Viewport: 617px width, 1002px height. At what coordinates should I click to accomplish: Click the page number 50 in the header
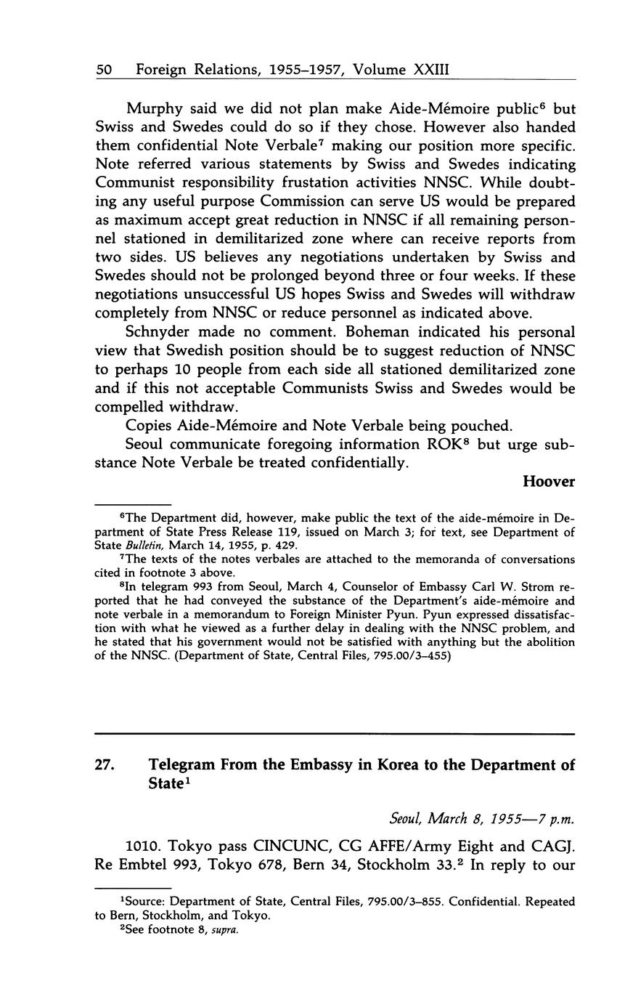pyautogui.click(x=103, y=70)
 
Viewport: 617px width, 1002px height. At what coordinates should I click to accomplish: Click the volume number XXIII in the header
pyautogui.click(x=431, y=70)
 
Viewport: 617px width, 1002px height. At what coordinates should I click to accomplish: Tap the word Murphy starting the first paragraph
pyautogui.click(x=152, y=109)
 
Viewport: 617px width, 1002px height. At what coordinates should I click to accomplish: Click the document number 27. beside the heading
pyautogui.click(x=106, y=765)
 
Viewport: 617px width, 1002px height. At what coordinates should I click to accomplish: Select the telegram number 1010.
pyautogui.click(x=144, y=847)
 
